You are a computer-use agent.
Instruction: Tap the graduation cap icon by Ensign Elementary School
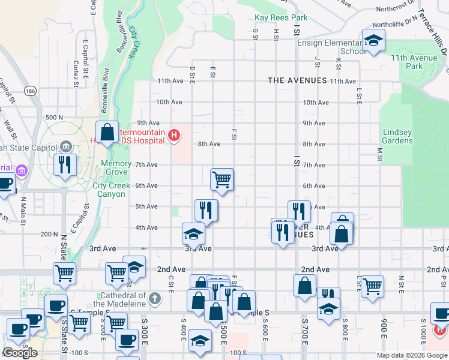coord(373,41)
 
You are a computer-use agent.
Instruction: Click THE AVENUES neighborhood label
coord(297,80)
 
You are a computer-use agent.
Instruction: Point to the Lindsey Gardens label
coord(397,136)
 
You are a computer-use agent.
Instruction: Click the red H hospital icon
coord(174,136)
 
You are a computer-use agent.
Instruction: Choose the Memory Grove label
coord(116,167)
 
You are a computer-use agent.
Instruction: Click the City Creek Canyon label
coord(112,190)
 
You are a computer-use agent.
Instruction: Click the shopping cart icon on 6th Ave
coord(221,179)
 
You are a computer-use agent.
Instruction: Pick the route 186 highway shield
coord(31,91)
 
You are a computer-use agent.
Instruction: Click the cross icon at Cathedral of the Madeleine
coord(154,298)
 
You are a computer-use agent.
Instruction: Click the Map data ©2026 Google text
coord(411,355)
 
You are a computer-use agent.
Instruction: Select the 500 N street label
coord(53,117)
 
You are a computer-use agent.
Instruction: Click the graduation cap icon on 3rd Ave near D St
coord(193,233)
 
